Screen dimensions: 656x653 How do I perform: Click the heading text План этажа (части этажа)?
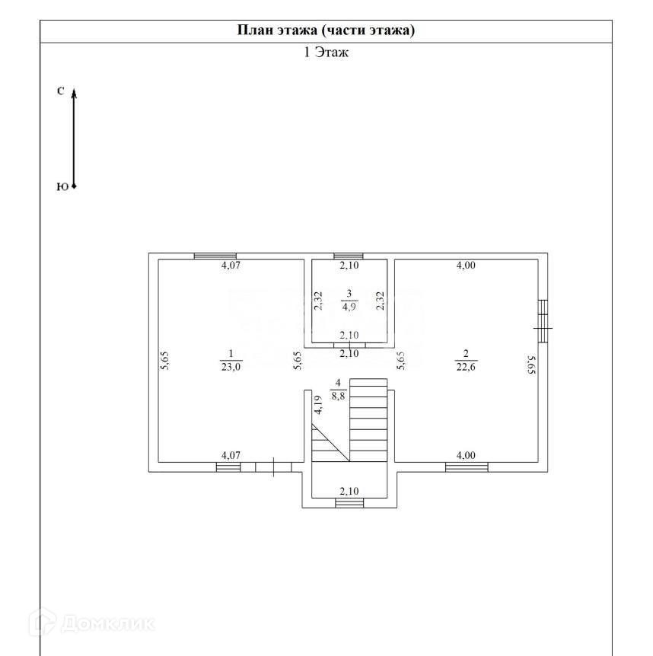coord(326,30)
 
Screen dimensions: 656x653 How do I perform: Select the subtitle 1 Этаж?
coord(326,53)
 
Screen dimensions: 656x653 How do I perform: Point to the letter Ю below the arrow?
coord(61,186)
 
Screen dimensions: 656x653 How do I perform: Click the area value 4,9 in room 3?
coord(349,307)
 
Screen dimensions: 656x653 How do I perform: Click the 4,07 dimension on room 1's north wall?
coord(231,266)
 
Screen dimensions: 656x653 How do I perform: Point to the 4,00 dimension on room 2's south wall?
coord(465,455)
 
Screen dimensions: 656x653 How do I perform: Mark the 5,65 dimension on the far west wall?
coord(164,361)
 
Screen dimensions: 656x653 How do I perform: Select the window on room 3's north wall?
coord(349,256)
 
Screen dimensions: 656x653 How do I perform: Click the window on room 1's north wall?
coord(215,256)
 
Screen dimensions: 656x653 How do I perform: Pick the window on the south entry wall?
coord(349,503)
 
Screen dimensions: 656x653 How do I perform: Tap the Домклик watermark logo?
coord(91,624)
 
